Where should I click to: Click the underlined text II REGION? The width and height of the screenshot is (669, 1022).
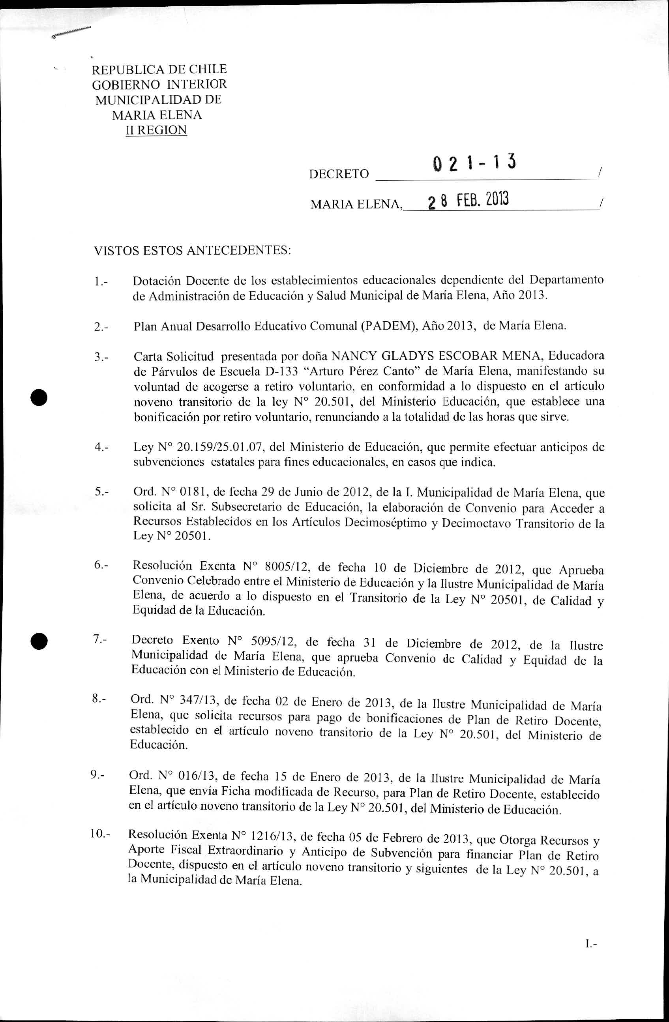[x=156, y=130]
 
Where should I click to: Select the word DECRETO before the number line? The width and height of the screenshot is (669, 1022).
[x=339, y=174]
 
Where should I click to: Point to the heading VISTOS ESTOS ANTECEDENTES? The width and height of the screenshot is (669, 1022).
[x=192, y=250]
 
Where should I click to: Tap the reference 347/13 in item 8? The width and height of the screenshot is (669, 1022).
[x=200, y=700]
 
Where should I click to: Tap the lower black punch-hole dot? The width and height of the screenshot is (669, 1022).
[x=39, y=642]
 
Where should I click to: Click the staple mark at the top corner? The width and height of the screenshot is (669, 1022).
[x=71, y=33]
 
